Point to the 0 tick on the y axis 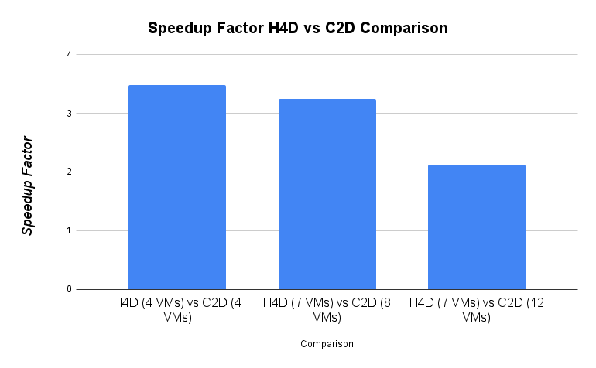(x=69, y=289)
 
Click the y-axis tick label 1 (x=69, y=230)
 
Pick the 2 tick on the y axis (x=69, y=172)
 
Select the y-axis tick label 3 (x=69, y=114)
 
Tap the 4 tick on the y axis (x=69, y=55)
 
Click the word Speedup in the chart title (x=178, y=29)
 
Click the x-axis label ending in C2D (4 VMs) (x=176, y=309)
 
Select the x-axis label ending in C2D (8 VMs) (x=327, y=309)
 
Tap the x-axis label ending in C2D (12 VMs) (x=477, y=309)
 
